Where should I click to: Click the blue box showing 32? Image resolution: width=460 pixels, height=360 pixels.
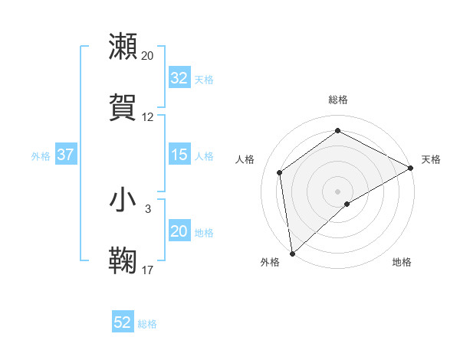pos(179,78)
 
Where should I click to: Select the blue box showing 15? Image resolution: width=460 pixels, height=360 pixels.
pos(179,155)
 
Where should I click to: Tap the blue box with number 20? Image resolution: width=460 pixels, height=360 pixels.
pos(179,232)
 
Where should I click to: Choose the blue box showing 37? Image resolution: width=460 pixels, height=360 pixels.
pos(66,155)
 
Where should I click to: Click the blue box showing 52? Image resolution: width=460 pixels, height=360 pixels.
pos(123,322)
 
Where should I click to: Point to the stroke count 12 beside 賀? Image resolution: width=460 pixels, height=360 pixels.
pos(148,117)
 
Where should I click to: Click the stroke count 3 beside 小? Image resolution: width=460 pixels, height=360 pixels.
pos(148,208)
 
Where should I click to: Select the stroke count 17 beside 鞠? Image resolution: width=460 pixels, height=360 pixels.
pos(148,270)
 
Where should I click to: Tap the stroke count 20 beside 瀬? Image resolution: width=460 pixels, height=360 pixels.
pos(148,56)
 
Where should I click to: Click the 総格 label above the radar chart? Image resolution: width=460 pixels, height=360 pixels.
pos(338,100)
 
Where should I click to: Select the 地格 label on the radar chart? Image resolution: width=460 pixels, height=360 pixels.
pos(402,263)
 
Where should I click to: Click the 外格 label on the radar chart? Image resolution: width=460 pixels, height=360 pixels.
pos(271,263)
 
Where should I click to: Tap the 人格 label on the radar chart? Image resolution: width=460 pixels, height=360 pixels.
pos(245,159)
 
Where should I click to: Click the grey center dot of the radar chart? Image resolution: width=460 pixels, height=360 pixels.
pos(338,191)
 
